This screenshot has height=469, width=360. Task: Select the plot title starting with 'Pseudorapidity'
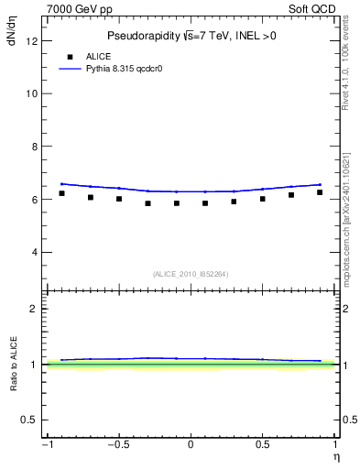(191, 36)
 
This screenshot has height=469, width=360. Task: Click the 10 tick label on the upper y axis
(32, 93)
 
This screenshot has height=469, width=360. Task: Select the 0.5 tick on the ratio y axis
(29, 420)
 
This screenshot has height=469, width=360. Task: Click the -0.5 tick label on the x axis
(117, 445)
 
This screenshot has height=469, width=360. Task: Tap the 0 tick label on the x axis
(191, 445)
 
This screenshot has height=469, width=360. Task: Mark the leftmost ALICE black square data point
(61, 193)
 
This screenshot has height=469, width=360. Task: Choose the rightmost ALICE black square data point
(320, 192)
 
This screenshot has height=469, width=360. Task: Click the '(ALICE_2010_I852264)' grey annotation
(191, 273)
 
